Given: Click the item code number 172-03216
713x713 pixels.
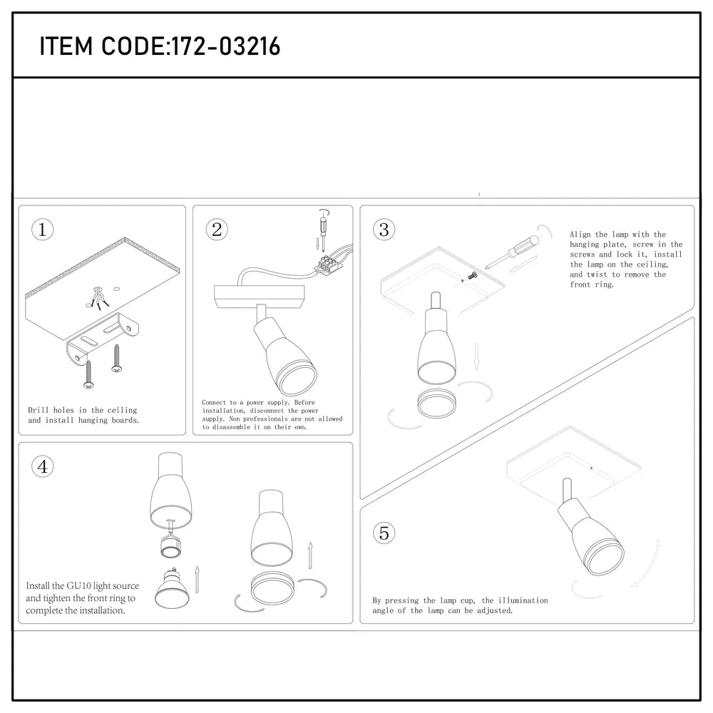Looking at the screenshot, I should point(223,47).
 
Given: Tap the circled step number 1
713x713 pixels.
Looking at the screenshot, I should point(43,230).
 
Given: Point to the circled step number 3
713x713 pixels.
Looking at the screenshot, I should point(384,230).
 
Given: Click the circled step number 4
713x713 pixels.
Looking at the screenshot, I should point(43,466).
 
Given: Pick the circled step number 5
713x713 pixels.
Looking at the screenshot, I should point(384,533).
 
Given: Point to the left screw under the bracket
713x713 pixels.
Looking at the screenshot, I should point(88,374).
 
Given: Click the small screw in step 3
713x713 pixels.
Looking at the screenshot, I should point(473,274).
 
